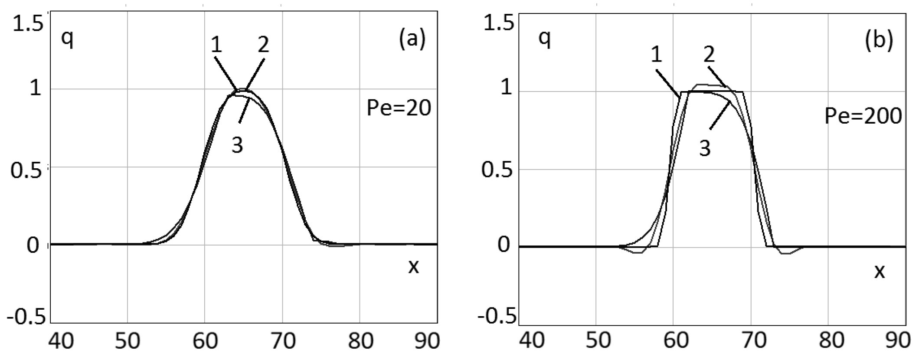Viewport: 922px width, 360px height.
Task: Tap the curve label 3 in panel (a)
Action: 237,145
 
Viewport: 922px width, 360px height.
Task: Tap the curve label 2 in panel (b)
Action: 709,55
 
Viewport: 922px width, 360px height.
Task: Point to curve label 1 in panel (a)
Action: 217,45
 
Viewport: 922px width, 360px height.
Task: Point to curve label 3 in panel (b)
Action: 705,148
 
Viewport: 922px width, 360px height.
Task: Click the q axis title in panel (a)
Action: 67,40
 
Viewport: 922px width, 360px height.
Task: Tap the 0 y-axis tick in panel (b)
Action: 503,245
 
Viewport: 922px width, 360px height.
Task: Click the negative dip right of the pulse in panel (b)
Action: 786,253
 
